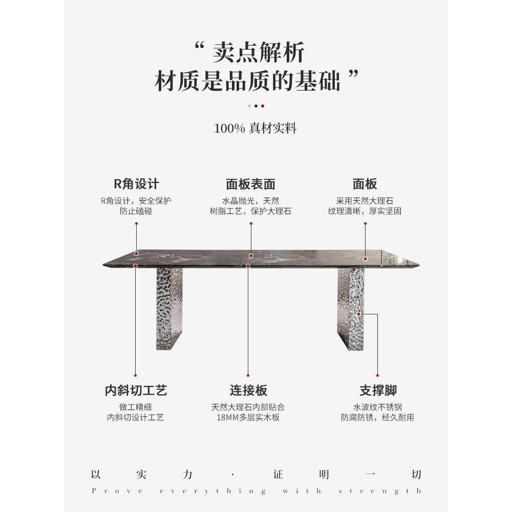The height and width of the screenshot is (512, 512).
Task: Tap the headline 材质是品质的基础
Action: [248, 82]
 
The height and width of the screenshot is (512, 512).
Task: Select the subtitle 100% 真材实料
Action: [255, 128]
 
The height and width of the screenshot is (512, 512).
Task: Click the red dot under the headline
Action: [263, 106]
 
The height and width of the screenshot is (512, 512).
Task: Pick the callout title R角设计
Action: [136, 184]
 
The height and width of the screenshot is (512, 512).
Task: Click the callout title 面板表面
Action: [250, 184]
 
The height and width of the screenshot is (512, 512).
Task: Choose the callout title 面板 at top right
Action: [365, 184]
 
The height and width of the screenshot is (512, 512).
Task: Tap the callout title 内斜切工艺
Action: [136, 391]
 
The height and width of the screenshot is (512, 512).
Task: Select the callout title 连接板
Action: [248, 391]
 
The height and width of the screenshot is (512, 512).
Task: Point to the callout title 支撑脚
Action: [378, 391]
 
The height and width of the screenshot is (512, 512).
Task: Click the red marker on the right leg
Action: [359, 313]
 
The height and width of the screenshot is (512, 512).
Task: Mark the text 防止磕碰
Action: [136, 211]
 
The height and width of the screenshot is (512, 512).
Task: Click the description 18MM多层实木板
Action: [248, 417]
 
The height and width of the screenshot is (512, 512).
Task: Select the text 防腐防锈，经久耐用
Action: [378, 417]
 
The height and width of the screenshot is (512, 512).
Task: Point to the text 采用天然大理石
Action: [365, 201]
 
